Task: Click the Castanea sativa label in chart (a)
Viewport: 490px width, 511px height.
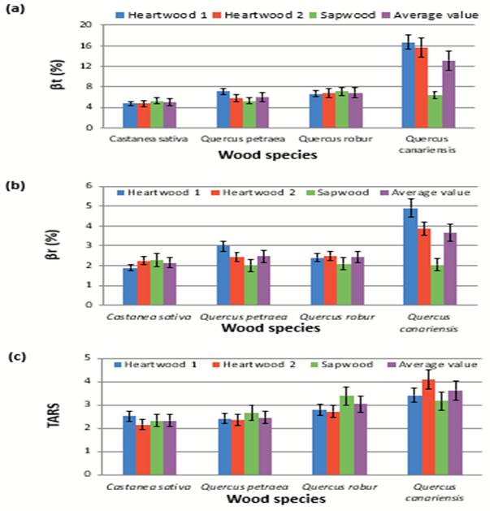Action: click(142, 139)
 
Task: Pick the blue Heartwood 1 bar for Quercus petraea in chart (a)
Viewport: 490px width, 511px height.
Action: click(222, 110)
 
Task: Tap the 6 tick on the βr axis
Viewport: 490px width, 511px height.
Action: click(90, 186)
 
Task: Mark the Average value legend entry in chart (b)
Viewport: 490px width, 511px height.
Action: click(430, 193)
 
